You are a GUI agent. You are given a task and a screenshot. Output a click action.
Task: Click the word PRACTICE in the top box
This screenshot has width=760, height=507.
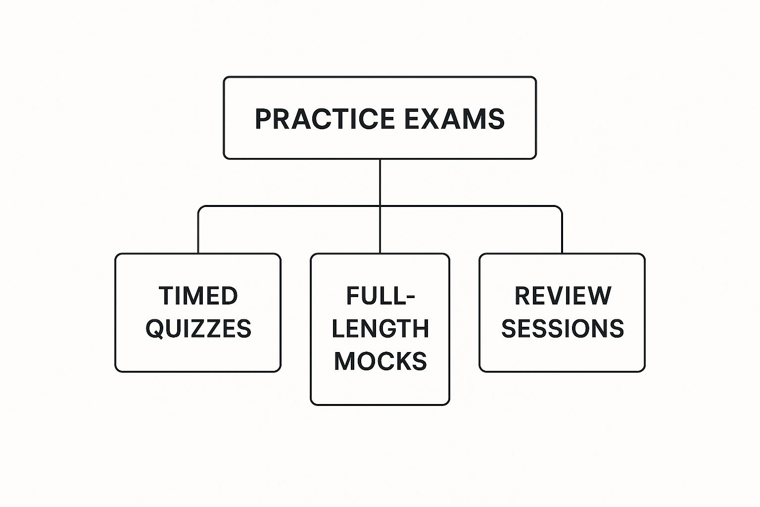[325, 119]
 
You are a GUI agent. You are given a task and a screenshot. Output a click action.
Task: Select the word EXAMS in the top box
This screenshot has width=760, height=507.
[454, 119]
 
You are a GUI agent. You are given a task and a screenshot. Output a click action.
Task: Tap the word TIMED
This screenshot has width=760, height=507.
[198, 296]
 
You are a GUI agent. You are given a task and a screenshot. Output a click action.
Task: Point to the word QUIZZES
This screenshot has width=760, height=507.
[198, 329]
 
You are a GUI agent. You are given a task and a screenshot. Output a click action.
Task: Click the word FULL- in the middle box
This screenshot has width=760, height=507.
[380, 296]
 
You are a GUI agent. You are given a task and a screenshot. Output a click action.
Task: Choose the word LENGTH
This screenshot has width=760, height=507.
[380, 329]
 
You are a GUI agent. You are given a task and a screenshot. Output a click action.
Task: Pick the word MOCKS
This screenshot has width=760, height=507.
[380, 361]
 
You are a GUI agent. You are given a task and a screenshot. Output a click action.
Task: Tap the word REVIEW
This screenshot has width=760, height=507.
[563, 296]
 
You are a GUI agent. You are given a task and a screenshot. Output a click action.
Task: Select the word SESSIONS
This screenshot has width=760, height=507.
[563, 329]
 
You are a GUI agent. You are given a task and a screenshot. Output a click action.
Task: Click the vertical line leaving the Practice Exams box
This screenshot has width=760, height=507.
[380, 181]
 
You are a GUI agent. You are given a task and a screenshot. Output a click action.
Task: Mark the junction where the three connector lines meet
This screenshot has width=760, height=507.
[380, 206]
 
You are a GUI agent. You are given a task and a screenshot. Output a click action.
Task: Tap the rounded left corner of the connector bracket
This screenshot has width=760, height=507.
[200, 208]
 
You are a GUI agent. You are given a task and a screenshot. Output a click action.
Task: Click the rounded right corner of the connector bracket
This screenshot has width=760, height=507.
[560, 208]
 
